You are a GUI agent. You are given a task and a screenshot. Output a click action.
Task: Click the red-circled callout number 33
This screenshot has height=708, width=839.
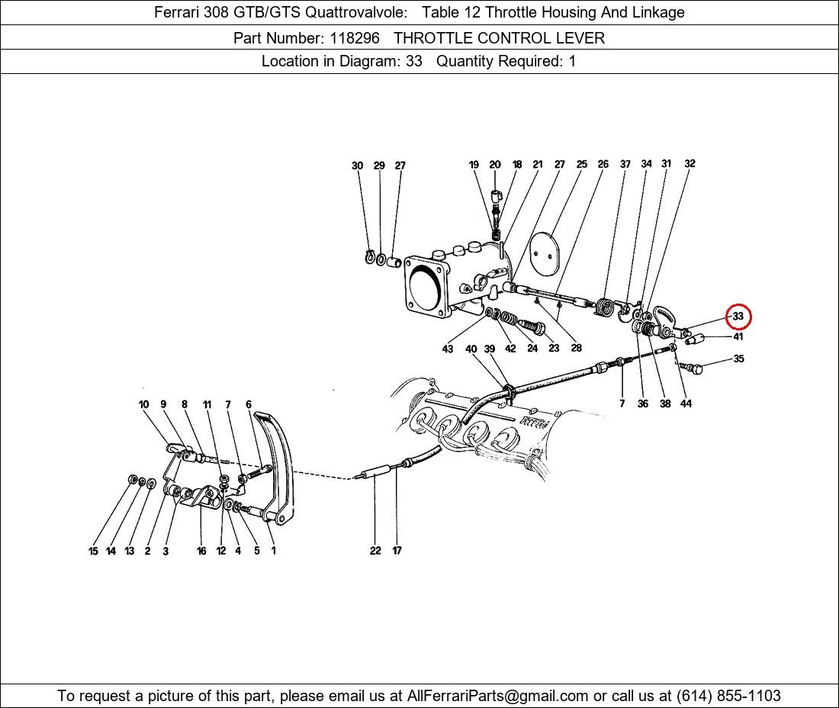tap(738, 317)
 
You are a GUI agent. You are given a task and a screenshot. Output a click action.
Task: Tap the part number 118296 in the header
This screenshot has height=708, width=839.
tap(355, 38)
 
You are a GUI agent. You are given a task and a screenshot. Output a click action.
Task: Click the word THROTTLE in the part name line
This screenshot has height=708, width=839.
tap(433, 38)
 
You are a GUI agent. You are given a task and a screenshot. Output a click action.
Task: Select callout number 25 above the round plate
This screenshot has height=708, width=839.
tap(582, 164)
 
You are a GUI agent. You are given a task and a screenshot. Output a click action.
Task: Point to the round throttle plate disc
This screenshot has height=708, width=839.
tap(545, 253)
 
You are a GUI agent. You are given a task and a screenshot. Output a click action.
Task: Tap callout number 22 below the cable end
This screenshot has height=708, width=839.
tap(375, 550)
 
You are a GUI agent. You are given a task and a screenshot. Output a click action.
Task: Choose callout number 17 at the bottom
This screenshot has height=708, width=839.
tap(397, 550)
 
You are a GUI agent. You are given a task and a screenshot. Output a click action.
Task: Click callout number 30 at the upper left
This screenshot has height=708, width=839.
tap(358, 166)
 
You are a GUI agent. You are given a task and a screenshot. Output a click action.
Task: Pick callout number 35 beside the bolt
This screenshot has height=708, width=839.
tap(738, 359)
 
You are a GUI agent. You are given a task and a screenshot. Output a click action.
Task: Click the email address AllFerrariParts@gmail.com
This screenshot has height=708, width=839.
tap(497, 696)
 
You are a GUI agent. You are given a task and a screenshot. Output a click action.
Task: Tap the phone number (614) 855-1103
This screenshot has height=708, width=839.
tap(728, 696)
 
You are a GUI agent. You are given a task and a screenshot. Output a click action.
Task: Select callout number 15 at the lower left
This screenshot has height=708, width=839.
tap(93, 551)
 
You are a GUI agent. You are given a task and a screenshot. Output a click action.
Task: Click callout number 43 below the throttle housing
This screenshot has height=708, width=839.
tap(447, 349)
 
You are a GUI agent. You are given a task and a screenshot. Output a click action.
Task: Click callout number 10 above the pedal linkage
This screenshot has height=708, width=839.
tap(143, 404)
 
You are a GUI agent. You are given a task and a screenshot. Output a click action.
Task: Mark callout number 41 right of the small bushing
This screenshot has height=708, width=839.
tap(738, 336)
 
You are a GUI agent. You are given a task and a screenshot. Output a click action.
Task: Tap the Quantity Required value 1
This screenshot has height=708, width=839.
tap(572, 62)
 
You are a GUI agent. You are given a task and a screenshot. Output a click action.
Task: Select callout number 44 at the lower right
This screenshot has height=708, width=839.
tap(686, 404)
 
